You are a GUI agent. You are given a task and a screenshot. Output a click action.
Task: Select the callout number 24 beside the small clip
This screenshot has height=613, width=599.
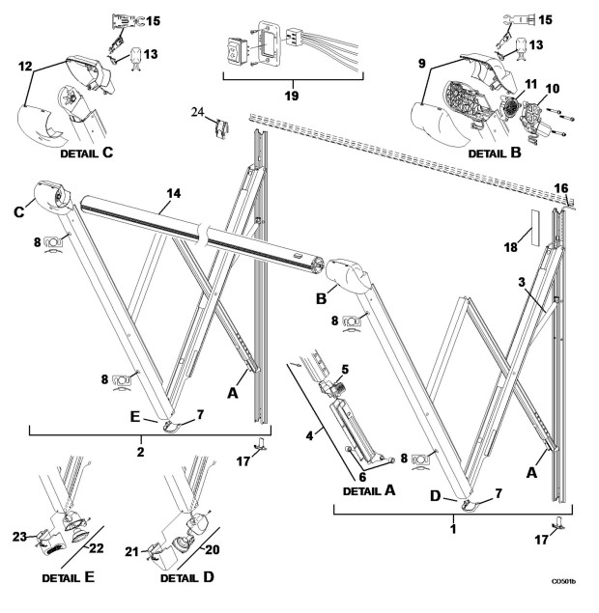[197, 112]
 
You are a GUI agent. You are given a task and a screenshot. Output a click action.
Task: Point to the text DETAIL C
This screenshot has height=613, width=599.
[89, 153]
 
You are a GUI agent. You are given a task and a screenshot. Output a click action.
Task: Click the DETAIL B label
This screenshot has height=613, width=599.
[496, 153]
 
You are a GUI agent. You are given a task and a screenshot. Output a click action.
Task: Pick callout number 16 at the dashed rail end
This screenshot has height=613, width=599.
[562, 186]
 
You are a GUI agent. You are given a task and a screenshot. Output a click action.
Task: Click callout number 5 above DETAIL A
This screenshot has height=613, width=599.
[343, 369]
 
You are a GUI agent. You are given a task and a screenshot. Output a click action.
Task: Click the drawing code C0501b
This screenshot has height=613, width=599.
[563, 582]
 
